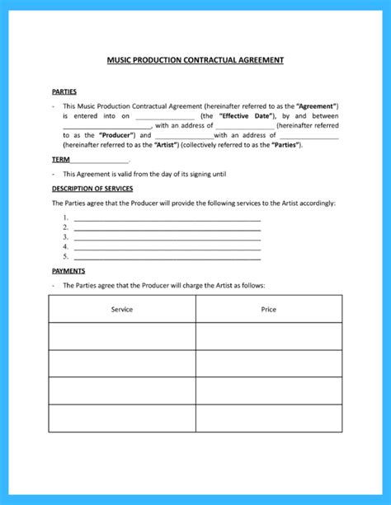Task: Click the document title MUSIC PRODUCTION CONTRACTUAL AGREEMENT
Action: [x=195, y=60]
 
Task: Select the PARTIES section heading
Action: [x=64, y=91]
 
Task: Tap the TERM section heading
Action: [x=60, y=158]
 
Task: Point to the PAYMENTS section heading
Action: [x=68, y=270]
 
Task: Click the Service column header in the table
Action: [x=122, y=309]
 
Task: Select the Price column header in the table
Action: [x=268, y=309]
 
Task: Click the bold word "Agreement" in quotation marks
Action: [x=315, y=107]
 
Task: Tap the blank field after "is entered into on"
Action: [x=165, y=118]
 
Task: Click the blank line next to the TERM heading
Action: [x=99, y=160]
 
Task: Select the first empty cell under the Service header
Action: [x=122, y=336]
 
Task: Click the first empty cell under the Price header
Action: [x=268, y=336]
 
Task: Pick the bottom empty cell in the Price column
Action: [x=268, y=418]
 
